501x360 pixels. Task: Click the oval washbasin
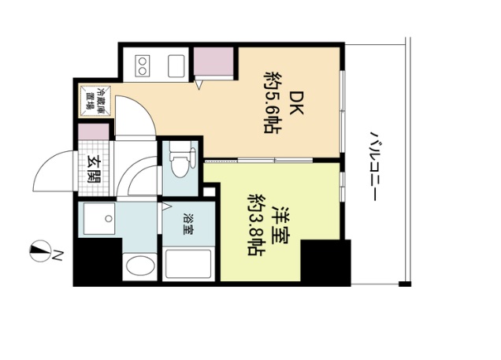(140, 266)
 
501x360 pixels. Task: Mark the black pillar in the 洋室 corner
(325, 262)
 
